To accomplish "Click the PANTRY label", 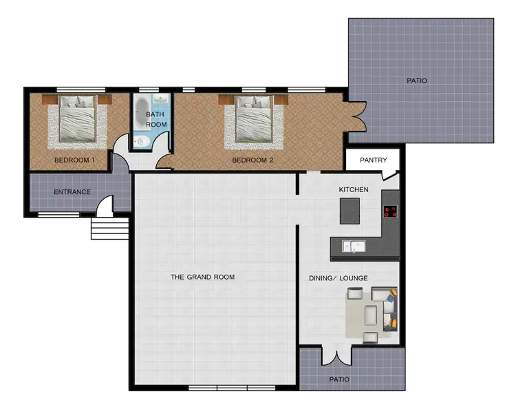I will coord(374,160).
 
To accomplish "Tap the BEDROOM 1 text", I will coord(74,160).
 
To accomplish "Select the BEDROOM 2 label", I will coord(252,160).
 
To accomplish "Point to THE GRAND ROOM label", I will coord(202,277).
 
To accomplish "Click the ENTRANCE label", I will coord(72,192).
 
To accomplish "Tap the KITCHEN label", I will coord(354,189).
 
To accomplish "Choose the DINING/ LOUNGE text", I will coord(338,278).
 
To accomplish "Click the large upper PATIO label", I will coord(416,81).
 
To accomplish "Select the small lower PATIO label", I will coord(339,379).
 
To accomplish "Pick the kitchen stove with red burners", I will coord(391,212).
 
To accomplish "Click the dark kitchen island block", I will coord(350,211).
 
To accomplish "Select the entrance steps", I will coord(109,229).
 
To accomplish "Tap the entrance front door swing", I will coord(105,205).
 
